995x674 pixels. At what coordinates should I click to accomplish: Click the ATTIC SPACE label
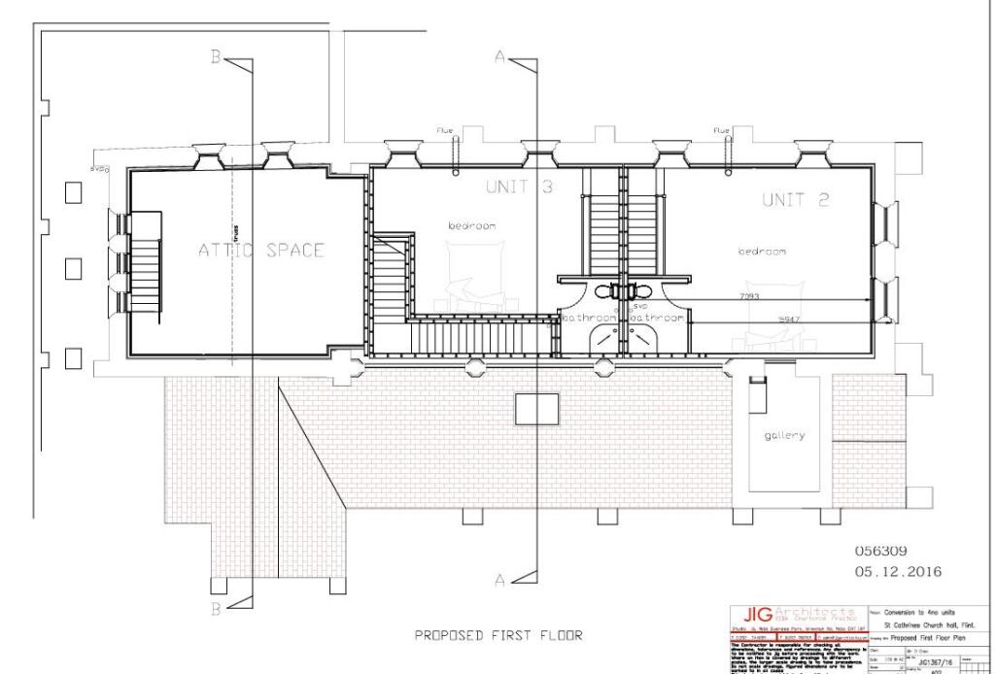pos(261,250)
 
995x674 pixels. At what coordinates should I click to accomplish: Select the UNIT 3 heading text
pos(519,185)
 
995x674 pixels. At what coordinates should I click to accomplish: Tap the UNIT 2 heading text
pos(795,200)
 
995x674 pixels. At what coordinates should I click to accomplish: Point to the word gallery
pos(784,435)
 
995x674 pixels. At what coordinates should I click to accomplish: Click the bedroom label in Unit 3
pos(472,225)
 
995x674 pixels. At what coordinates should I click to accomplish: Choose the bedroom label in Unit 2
pos(761,252)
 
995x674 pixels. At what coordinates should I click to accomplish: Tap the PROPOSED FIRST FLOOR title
pos(498,636)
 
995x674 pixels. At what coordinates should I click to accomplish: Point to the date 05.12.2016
pos(897,571)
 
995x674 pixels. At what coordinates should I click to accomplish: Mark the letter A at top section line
pos(499,58)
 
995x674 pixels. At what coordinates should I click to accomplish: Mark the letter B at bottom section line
pos(216,609)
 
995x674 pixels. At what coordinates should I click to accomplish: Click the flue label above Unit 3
pos(445,130)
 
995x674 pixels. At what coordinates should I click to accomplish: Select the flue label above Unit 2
pos(720,130)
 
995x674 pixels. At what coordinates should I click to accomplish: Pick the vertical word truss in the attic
pos(234,231)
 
